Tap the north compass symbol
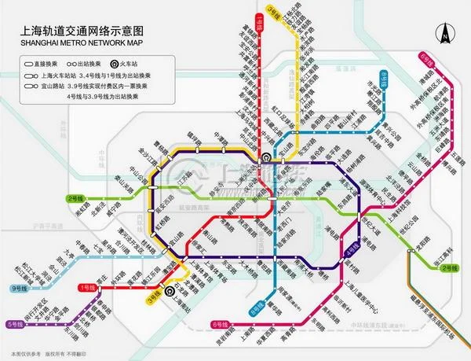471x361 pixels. point(444,34)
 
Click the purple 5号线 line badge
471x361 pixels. point(16,323)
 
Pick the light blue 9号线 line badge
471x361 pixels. point(20,288)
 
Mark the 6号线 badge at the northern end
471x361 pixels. point(425,58)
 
